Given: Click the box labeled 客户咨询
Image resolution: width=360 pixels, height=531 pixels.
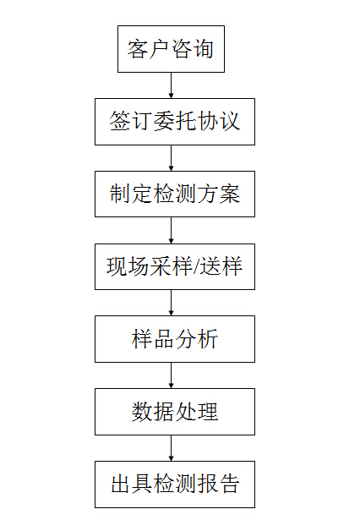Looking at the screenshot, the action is (171, 49).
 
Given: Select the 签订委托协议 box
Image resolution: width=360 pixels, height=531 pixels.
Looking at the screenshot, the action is (175, 122).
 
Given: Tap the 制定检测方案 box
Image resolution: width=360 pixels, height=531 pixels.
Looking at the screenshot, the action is (175, 194).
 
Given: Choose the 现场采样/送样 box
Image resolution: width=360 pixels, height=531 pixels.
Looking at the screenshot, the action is (175, 267).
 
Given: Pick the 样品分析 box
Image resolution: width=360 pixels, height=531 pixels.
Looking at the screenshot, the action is (175, 339).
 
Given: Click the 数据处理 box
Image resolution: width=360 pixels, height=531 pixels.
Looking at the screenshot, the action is (175, 412).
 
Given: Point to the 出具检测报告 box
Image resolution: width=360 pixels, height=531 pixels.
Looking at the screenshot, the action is (175, 484).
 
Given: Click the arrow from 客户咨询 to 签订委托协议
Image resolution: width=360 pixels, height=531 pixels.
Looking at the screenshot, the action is (171, 85).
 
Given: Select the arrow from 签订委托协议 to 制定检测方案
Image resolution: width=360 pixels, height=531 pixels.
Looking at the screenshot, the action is (171, 158).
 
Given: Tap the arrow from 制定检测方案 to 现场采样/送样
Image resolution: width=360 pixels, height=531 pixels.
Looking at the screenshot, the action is (171, 230).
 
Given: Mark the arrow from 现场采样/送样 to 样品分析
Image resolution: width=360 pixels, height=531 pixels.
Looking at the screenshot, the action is (171, 303).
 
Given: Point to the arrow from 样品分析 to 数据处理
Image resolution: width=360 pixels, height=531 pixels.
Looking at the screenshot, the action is (171, 375).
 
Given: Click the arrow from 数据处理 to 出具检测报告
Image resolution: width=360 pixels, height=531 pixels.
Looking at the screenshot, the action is (171, 448).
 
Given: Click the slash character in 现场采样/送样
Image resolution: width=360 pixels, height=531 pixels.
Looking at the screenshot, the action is (195, 267).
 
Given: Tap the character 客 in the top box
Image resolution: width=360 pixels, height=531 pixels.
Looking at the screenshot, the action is (138, 49).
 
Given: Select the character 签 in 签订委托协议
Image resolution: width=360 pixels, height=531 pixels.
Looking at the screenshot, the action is (120, 121).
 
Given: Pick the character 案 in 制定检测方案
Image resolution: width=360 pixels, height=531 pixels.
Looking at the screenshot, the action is (230, 194).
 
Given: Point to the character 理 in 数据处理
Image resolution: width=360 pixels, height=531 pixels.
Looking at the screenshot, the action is (208, 412).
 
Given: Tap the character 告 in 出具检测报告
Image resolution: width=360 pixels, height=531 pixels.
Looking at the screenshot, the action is (230, 484).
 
